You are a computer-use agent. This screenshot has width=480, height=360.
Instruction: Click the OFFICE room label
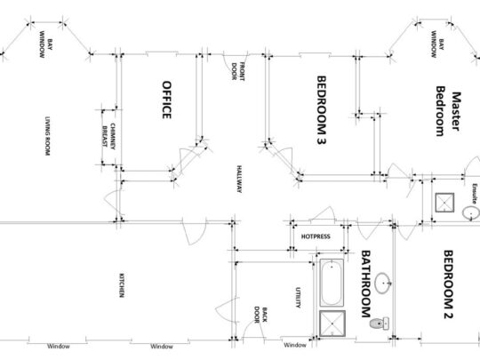pos(166,100)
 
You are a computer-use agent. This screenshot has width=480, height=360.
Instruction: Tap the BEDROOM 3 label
pos(322,110)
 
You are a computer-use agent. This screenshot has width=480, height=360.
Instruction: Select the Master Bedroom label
pos(448,111)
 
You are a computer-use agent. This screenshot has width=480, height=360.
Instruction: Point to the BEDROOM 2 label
pos(449,284)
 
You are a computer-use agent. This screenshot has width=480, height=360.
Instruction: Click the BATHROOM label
pos(366,284)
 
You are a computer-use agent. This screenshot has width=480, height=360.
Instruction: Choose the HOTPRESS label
pos(316,236)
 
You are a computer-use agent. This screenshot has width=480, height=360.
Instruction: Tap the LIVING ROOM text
pos(47,136)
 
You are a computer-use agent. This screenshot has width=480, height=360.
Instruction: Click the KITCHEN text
pos(121,285)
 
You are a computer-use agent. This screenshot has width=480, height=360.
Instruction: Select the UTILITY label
pos(298,297)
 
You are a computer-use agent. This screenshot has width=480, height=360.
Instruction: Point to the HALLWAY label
pos(239,179)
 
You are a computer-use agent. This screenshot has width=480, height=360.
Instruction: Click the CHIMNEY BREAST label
pos(108,136)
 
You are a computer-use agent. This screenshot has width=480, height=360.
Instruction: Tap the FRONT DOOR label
pos(238,71)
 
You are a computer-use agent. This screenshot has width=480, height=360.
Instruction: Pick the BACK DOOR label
pos(260,315)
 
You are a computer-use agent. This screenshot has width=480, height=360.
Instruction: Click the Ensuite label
pos(474,194)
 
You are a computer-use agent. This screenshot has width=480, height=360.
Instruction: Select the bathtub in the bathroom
pos(332,283)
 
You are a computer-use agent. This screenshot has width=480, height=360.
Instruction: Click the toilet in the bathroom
pos(380,324)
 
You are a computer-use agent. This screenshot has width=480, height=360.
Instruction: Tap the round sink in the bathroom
pos(383,284)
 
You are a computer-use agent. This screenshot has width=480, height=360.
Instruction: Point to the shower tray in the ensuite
pos(444,203)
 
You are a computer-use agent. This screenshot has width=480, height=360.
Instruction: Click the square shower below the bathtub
pos(332,324)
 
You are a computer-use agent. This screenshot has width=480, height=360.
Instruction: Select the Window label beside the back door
pos(295,345)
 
